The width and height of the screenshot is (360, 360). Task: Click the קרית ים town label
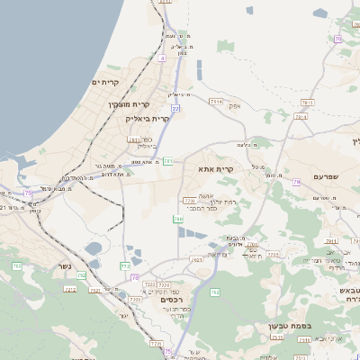click(105, 83)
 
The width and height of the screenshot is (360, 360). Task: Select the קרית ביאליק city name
click(168, 119)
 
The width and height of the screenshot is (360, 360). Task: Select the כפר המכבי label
click(208, 208)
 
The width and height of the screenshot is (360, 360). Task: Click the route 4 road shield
click(162, 58)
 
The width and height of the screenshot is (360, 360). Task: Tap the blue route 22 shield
click(175, 108)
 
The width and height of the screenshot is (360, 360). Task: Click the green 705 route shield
click(178, 219)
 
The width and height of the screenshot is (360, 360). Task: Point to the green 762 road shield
click(214, 292)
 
